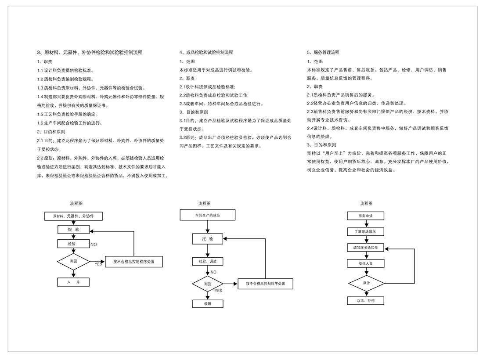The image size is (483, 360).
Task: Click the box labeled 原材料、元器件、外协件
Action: point(73,216)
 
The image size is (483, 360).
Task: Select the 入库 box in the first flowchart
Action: point(73,282)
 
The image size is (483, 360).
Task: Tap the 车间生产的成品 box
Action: point(208,215)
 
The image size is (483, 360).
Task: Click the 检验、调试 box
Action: point(208,262)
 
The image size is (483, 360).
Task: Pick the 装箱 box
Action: point(208,303)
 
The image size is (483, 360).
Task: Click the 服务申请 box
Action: point(366,216)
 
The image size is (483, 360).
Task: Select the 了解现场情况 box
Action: point(366,231)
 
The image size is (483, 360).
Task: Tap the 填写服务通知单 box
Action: point(366,248)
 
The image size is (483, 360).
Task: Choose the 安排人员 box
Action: point(366,263)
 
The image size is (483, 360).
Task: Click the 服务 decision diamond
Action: point(366,283)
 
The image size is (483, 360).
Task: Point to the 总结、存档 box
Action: point(366,301)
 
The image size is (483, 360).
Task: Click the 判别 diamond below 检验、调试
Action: point(208,284)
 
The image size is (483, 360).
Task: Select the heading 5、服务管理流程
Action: point(323,52)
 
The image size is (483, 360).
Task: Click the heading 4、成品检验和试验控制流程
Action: point(206,52)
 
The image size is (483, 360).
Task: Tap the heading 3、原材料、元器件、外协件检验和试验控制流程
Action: point(90,52)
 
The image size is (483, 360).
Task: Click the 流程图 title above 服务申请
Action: point(366,203)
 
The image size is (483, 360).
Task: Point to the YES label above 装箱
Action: point(218,291)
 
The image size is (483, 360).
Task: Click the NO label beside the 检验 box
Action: point(94,245)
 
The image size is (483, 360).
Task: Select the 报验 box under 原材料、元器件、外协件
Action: point(73,230)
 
